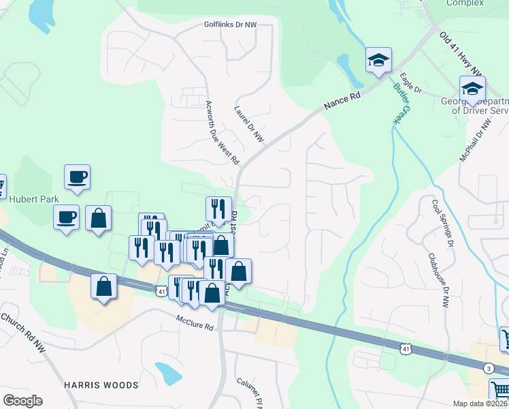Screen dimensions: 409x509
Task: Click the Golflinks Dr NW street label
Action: point(231,25)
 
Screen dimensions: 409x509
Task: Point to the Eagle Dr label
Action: point(411,83)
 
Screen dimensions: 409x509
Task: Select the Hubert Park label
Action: point(34,199)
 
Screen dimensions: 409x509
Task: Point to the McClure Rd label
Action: point(195,323)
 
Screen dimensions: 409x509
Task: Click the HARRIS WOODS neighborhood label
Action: point(101,385)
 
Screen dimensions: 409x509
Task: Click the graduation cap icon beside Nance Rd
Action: point(378,60)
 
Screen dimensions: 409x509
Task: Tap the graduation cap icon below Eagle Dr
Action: point(472,88)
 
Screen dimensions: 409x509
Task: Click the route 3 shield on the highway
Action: point(489,369)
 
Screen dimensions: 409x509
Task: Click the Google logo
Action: point(22,401)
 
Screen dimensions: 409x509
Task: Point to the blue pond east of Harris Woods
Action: point(168,373)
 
